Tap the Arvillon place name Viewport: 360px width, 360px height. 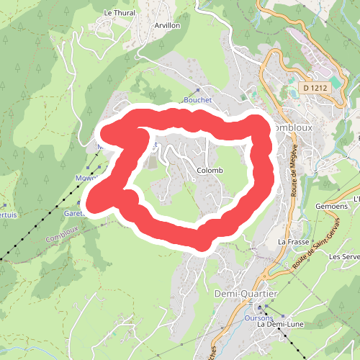tap(167, 24)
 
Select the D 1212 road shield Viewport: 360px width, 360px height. tap(315, 87)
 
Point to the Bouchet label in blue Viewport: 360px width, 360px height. tap(197, 100)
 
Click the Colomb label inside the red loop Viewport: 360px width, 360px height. tap(210, 171)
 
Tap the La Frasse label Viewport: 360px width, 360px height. tap(292, 242)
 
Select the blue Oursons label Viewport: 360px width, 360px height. tap(258, 318)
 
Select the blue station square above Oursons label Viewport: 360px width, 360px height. tap(260, 307)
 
